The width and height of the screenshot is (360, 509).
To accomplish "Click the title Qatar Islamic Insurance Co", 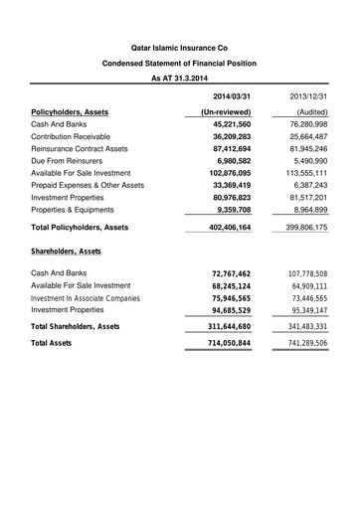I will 180,48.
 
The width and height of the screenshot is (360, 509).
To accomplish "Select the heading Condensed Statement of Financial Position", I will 180,63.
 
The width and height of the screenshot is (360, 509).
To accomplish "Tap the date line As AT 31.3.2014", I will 180,78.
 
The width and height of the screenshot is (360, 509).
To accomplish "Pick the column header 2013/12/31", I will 308,95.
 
